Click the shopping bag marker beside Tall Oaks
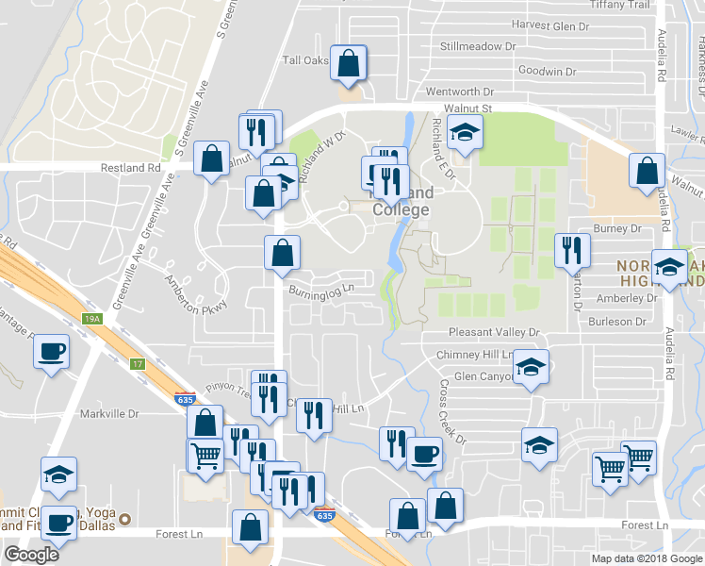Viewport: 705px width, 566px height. (x=349, y=63)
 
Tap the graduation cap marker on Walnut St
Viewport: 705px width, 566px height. (x=465, y=134)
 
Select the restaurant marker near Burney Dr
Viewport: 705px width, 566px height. (x=572, y=250)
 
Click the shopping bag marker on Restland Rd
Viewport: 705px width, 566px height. (x=212, y=158)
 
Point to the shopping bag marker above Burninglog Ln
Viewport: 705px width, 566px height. (x=282, y=252)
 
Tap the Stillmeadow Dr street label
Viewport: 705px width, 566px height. (x=479, y=45)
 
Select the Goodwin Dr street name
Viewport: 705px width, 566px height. (x=547, y=71)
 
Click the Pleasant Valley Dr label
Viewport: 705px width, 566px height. (x=494, y=333)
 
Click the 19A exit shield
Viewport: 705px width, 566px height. (x=90, y=320)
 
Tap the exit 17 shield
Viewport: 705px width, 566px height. (x=138, y=363)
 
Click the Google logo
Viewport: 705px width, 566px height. (x=31, y=555)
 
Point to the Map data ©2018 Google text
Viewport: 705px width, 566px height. (x=647, y=558)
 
